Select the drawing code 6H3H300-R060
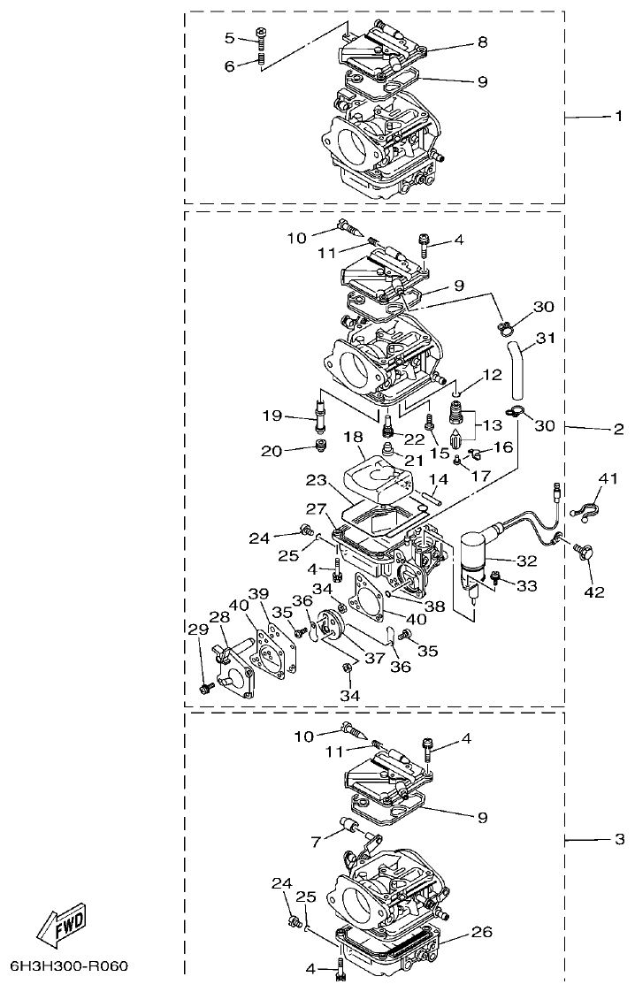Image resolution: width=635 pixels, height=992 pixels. point(70,965)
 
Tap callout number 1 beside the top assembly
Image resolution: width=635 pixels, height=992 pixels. point(607,117)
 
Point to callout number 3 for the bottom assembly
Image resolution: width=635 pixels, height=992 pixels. point(619,837)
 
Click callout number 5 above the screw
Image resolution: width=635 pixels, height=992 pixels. point(229,37)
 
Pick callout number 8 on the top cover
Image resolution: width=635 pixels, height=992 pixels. point(482,42)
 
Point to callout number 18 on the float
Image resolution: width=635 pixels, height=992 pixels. point(354,438)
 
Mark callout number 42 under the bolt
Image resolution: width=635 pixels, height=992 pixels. point(593,591)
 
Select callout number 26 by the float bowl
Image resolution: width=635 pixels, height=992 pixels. point(482,931)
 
